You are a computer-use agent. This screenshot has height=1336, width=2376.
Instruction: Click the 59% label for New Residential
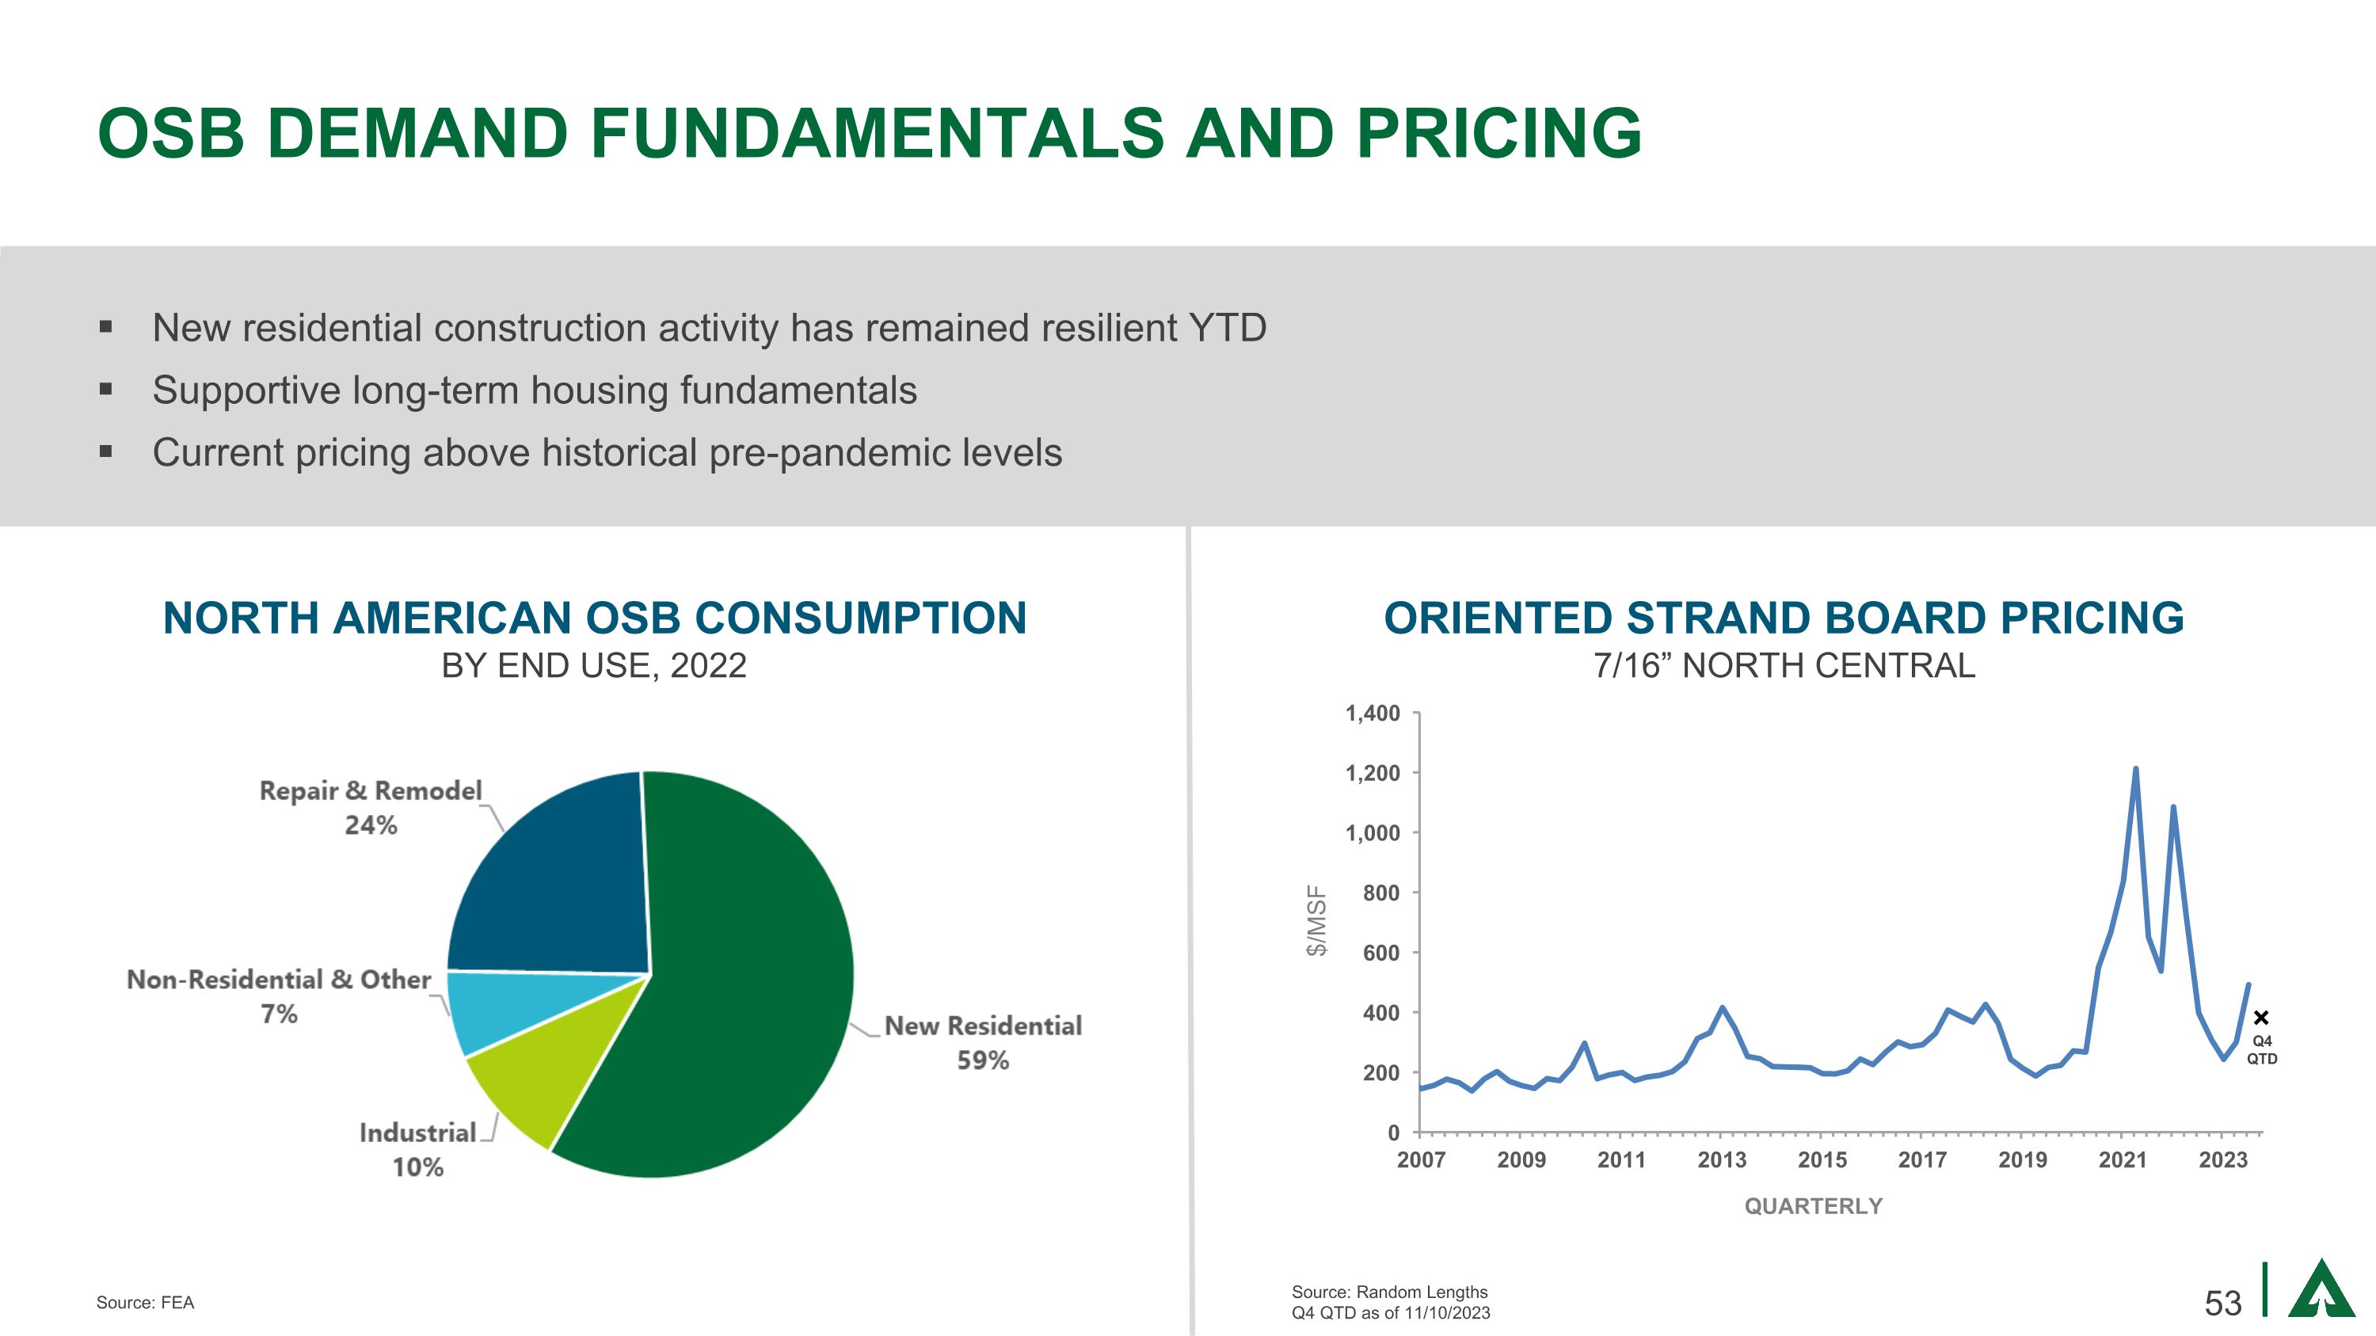coord(982,1060)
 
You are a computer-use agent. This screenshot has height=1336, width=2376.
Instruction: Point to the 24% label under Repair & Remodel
coord(371,825)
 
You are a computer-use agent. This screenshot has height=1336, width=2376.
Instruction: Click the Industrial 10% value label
coord(418,1167)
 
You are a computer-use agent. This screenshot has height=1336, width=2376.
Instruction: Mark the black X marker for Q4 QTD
coord(2260,1018)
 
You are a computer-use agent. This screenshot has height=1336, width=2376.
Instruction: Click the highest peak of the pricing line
coord(2135,769)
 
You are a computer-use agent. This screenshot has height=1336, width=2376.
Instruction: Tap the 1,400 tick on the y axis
coord(1373,713)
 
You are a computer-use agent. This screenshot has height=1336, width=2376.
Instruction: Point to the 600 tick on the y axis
coord(1380,953)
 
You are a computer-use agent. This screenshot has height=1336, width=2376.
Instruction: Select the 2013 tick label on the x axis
coord(1721,1160)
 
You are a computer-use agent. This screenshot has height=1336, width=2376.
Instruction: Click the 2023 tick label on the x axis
coord(2223,1160)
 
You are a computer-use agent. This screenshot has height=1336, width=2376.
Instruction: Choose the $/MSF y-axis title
coord(1317,920)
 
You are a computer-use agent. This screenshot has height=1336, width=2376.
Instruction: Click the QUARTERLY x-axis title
coord(1812,1206)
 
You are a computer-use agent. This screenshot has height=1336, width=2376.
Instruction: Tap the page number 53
coord(2223,1303)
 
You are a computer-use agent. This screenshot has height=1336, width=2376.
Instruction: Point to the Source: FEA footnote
coord(146,1303)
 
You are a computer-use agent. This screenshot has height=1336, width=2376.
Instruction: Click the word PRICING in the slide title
coord(1498,133)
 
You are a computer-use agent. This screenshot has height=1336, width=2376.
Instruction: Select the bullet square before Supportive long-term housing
coord(106,389)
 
